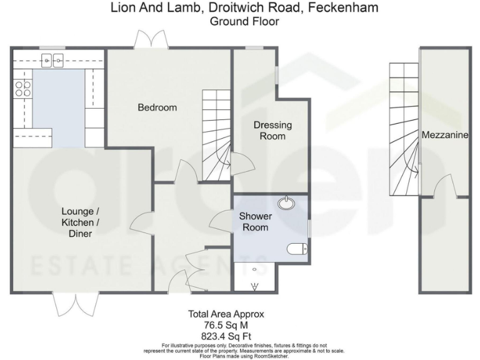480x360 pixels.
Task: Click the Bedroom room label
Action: click(157, 107)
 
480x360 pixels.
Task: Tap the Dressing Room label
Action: click(272, 131)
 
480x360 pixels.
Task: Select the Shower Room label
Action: click(254, 222)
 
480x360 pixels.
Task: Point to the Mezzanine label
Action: click(445, 135)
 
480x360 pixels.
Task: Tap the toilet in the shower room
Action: click(296, 251)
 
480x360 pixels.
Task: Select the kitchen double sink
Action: click(53, 60)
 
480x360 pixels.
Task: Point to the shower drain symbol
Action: click(255, 287)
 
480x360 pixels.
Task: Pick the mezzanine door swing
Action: click(446, 187)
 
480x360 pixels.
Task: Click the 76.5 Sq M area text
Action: click(226, 324)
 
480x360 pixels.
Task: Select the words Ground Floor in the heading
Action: click(244, 21)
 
